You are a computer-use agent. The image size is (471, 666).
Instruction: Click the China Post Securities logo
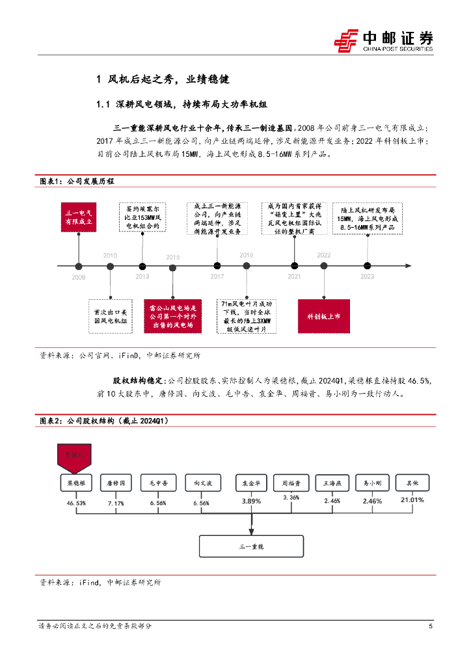coord(384,40)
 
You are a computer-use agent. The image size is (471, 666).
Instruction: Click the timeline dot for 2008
coord(79,265)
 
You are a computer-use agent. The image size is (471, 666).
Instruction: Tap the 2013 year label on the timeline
coord(142,276)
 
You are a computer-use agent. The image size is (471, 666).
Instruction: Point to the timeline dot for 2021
coord(294,265)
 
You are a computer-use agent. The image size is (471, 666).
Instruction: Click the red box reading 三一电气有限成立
coord(79,217)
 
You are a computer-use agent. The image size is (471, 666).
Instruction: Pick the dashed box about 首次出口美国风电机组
coord(109,316)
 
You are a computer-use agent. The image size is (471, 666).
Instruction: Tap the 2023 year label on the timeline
coord(367,276)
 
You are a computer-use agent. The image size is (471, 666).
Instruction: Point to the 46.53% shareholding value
coord(75,503)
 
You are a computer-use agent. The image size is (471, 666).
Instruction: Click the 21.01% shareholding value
coord(413,500)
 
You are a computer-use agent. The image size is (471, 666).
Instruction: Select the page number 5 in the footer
coord(431,626)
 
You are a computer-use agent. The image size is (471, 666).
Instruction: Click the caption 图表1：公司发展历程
coord(77,181)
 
